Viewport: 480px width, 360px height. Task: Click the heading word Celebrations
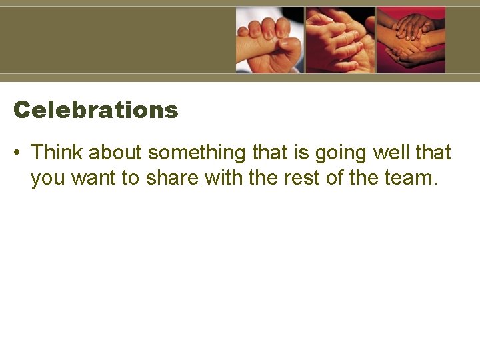[96, 110]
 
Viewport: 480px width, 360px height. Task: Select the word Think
[57, 153]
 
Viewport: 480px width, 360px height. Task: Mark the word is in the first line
[301, 153]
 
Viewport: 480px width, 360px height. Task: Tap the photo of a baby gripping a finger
[269, 39]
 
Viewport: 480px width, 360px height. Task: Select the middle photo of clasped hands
[340, 39]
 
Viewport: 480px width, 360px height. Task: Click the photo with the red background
[411, 39]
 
